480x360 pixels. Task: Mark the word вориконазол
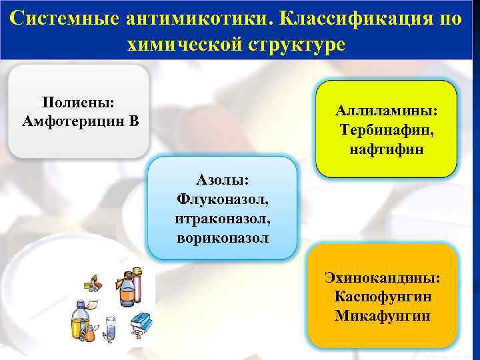(222, 237)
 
